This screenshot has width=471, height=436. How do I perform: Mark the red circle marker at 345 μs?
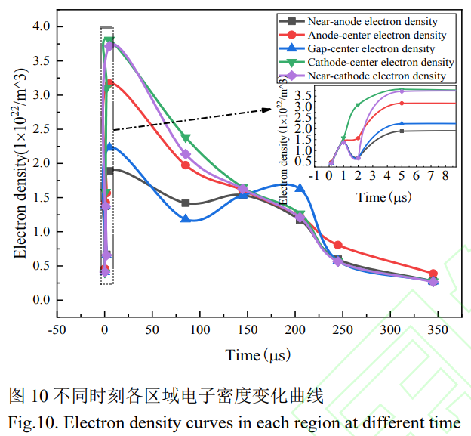pos(433,274)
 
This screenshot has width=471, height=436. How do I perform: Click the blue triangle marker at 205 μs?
pos(300,187)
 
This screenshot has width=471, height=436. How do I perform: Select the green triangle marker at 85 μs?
pos(186,138)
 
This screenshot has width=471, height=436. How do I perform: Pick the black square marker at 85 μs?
pos(186,203)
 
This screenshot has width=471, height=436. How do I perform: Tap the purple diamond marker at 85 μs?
pos(186,154)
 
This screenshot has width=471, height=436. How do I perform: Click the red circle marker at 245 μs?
pos(338,245)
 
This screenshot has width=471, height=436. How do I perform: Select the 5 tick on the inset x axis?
pos(402,176)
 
